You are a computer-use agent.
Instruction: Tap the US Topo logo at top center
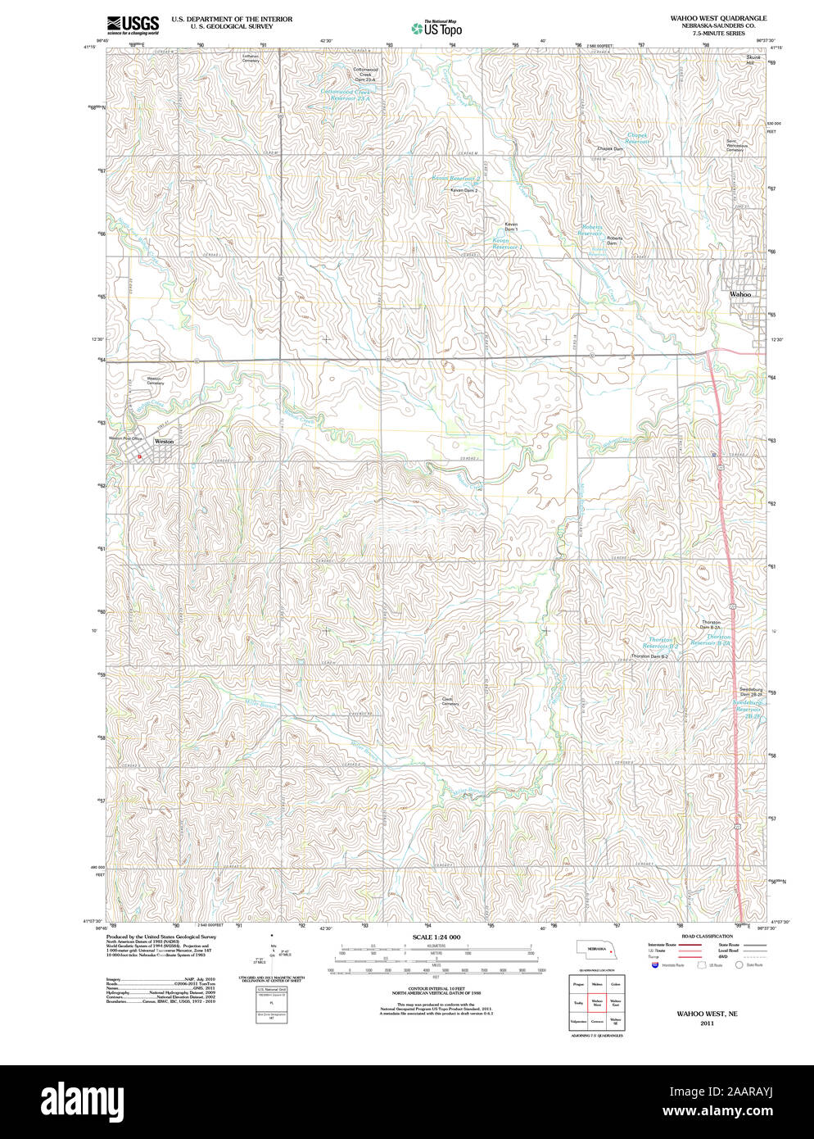[436, 28]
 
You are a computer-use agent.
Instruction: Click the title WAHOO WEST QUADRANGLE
[718, 18]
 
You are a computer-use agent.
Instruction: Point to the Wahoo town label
[739, 294]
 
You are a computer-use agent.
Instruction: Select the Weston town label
[164, 441]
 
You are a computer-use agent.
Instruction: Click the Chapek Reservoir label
[637, 138]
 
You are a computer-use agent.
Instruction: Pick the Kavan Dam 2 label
[464, 190]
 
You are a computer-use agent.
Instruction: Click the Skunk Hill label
[753, 60]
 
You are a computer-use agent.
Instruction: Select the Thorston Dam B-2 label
[649, 656]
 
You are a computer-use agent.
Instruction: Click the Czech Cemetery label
[450, 701]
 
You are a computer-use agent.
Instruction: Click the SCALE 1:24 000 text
[436, 937]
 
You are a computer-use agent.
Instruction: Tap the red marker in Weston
[139, 456]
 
